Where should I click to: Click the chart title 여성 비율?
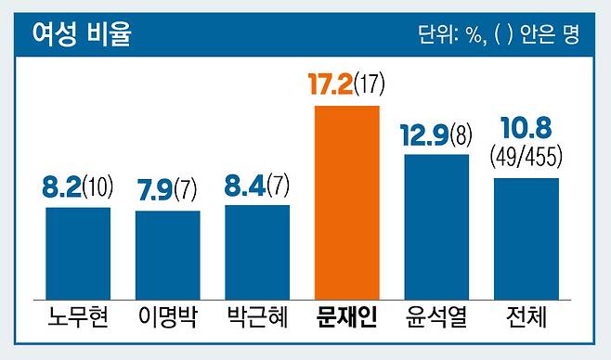point(82,34)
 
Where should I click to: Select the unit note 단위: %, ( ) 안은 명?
point(499,34)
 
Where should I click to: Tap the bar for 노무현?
point(78,253)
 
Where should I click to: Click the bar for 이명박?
point(167,255)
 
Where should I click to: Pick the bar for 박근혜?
point(257,252)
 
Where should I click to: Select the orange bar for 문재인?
point(346,203)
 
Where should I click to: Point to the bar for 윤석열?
point(436,227)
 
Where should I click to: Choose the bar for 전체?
point(526,239)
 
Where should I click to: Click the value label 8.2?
point(62,186)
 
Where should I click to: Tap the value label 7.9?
point(155,190)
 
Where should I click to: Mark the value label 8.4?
point(245,185)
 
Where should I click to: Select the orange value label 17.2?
point(331,84)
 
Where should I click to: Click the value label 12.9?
point(424,135)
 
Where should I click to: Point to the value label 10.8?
point(526,128)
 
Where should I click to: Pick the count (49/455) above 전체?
point(526,156)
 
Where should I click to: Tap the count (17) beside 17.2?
point(370,84)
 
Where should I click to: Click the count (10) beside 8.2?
point(97,186)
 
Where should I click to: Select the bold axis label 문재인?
point(346,316)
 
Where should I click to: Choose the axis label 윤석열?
point(436,316)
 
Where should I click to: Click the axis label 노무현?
point(78,316)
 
